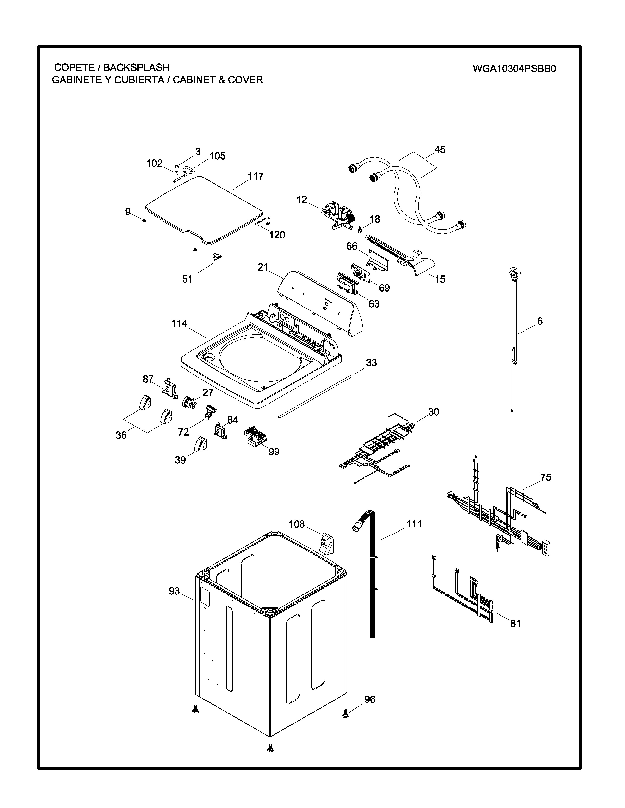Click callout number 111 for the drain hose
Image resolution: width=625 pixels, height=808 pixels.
[414, 524]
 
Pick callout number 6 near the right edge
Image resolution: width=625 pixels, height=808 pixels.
[540, 321]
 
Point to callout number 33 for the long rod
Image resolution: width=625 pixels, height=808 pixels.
[371, 363]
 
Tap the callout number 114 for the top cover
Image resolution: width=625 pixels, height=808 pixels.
[179, 324]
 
